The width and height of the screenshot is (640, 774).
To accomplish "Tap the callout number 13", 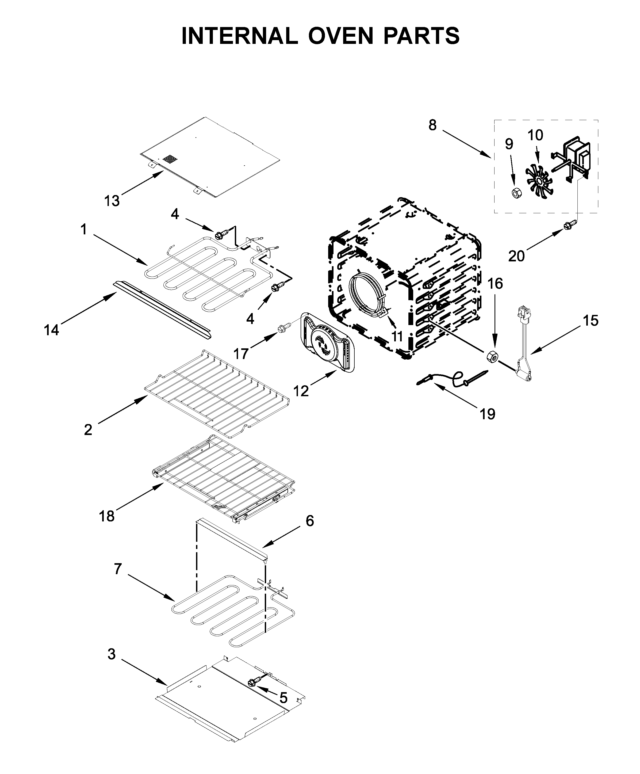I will pyautogui.click(x=112, y=201).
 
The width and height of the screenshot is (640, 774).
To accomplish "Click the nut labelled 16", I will pyautogui.click(x=493, y=356).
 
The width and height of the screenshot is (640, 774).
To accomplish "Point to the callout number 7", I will pyautogui.click(x=117, y=569).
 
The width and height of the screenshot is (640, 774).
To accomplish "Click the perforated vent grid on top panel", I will pyautogui.click(x=170, y=159).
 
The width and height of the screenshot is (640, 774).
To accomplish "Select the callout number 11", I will pyautogui.click(x=397, y=336).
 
